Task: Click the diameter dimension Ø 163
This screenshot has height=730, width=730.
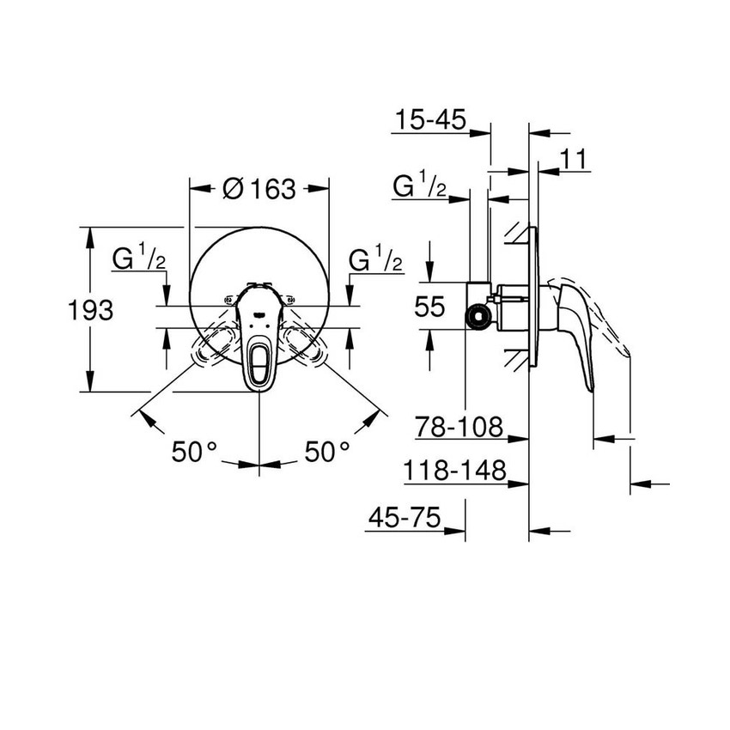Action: click(259, 188)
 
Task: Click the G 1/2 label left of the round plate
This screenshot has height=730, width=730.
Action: click(138, 259)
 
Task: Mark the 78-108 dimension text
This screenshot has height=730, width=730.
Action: click(457, 426)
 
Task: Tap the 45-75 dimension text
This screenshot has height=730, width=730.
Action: click(404, 518)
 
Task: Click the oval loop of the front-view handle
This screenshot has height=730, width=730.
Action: click(259, 362)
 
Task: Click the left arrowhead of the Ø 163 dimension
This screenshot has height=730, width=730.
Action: click(196, 188)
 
